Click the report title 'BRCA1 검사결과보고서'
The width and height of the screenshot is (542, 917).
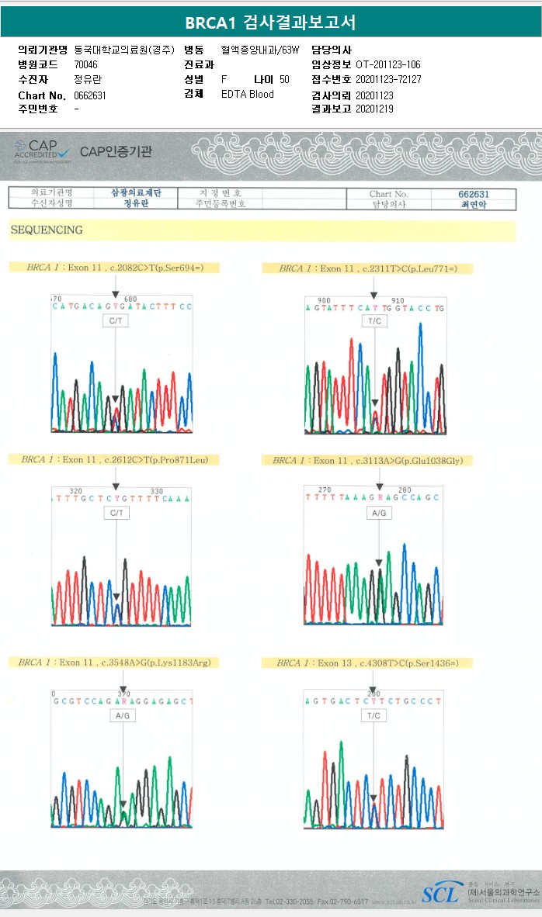click(270, 22)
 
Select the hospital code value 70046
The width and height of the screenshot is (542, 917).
click(86, 64)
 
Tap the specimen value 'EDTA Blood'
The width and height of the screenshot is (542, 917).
click(248, 95)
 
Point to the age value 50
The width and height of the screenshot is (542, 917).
click(284, 80)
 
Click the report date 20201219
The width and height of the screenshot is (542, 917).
click(374, 109)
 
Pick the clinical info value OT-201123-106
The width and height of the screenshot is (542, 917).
click(387, 64)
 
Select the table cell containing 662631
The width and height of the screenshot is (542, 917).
click(474, 193)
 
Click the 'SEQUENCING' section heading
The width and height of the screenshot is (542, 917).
click(47, 230)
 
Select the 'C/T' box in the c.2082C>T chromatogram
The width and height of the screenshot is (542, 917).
click(115, 320)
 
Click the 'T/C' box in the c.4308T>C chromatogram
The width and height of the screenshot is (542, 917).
click(373, 716)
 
